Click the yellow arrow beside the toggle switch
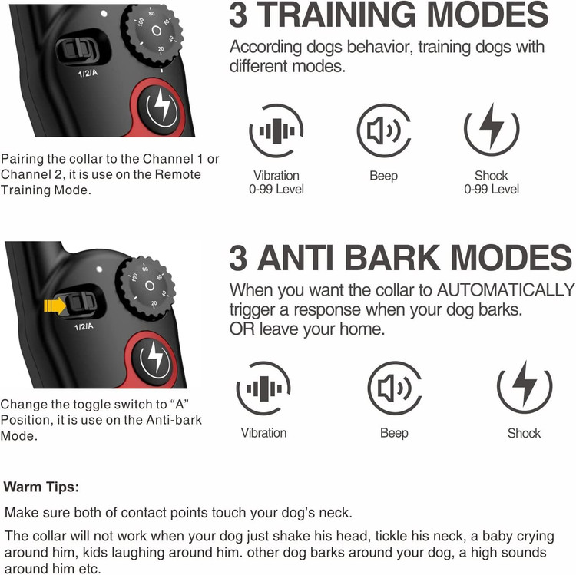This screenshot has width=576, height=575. click(x=55, y=306)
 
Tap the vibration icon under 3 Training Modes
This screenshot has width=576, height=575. click(x=276, y=131)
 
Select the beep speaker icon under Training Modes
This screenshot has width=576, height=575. click(x=384, y=131)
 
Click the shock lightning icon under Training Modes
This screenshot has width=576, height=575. click(x=492, y=130)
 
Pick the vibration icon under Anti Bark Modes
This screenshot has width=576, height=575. click(x=263, y=388)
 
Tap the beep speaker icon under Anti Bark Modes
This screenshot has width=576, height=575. click(x=395, y=388)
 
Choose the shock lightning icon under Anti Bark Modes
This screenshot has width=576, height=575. click(x=525, y=388)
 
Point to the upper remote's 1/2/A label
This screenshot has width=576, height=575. click(x=88, y=73)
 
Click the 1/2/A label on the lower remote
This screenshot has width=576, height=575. click(x=84, y=326)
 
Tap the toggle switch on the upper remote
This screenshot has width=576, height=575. click(x=78, y=49)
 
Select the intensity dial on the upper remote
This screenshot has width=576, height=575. click(x=154, y=34)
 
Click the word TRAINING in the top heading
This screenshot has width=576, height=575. click(x=337, y=15)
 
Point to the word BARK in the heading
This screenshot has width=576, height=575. click(x=392, y=257)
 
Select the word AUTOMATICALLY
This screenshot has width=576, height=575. click(x=506, y=290)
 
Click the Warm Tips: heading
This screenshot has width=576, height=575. click(x=41, y=487)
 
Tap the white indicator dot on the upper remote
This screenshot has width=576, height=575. click(x=104, y=14)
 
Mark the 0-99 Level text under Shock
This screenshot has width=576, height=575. click(x=492, y=189)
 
